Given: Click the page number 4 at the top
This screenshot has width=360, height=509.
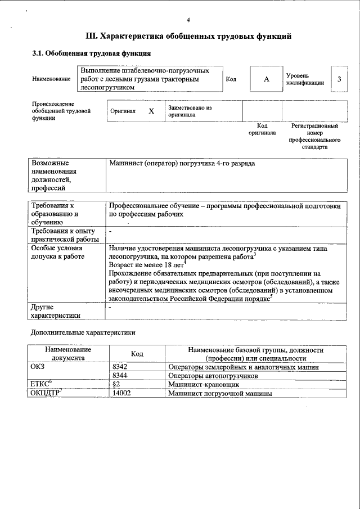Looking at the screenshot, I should [188, 20].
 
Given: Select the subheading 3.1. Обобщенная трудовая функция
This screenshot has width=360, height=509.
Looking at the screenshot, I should [91, 54].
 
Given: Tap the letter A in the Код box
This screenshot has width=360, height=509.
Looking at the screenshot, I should [267, 79].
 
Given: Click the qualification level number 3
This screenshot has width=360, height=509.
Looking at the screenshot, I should [339, 79].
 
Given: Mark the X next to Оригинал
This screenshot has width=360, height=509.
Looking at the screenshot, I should [151, 111].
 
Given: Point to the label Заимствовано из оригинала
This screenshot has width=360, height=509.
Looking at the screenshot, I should [189, 111].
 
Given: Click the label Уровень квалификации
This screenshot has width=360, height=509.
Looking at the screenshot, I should [304, 79].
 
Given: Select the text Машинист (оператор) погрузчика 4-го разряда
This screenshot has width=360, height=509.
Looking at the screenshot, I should [182, 163].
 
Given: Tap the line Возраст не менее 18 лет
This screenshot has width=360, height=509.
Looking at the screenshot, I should [147, 264].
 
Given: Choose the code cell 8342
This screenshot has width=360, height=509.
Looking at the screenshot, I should [120, 367].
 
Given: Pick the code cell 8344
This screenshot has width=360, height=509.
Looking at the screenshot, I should [120, 375].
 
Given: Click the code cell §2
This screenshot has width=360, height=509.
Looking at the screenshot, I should [116, 384].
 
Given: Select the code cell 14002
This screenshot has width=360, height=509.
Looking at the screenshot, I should [121, 393].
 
